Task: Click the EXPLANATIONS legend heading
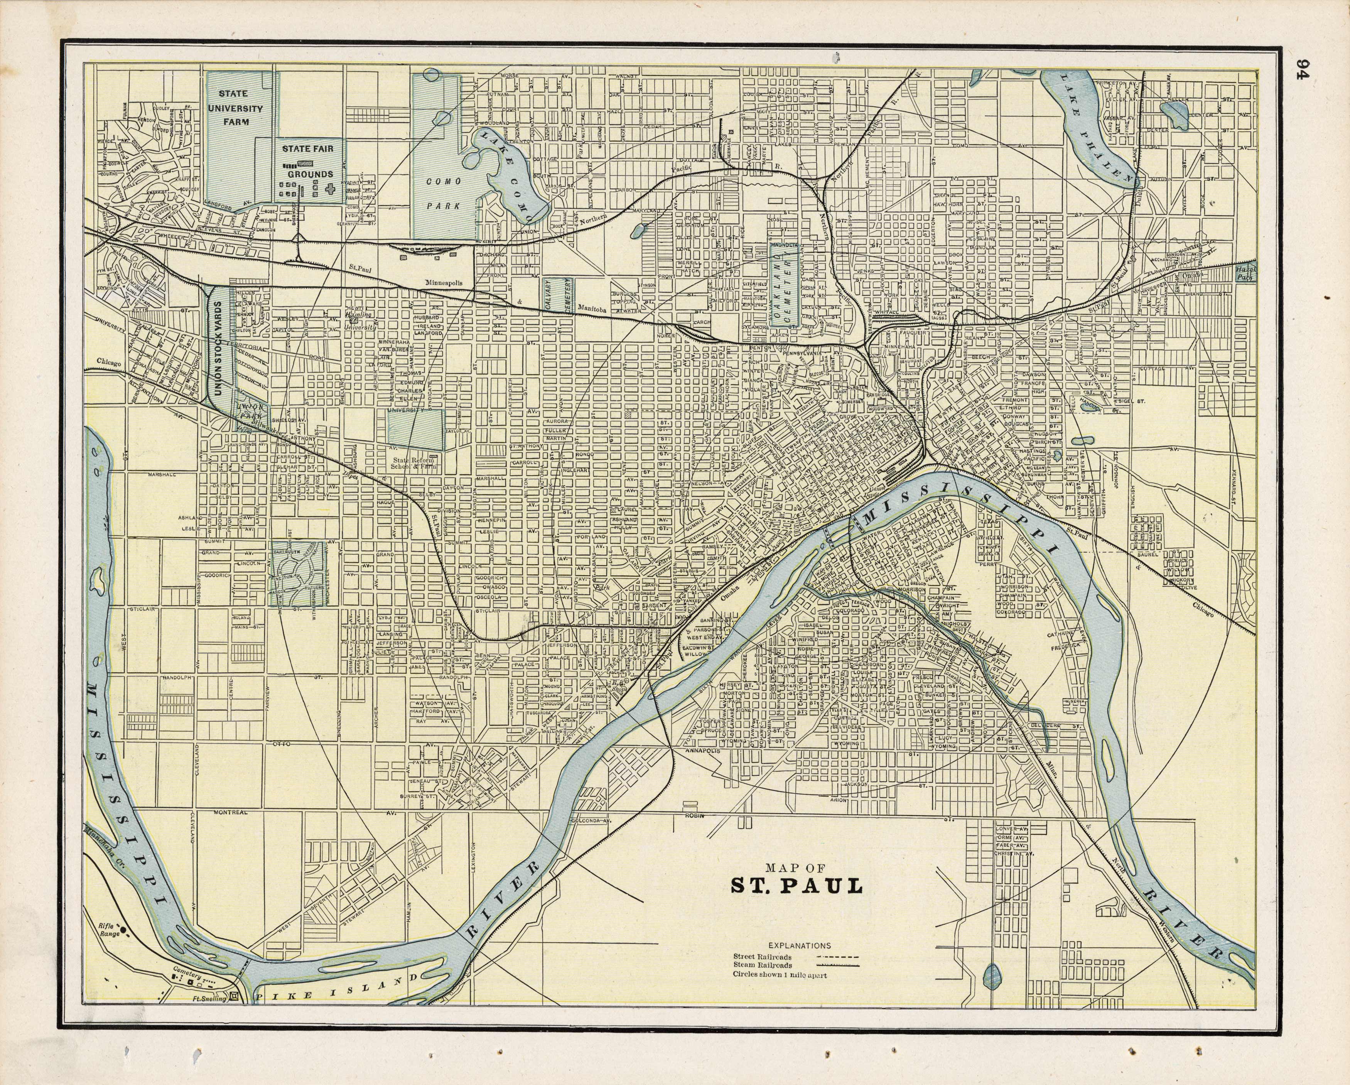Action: [798, 945]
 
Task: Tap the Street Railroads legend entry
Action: [762, 957]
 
